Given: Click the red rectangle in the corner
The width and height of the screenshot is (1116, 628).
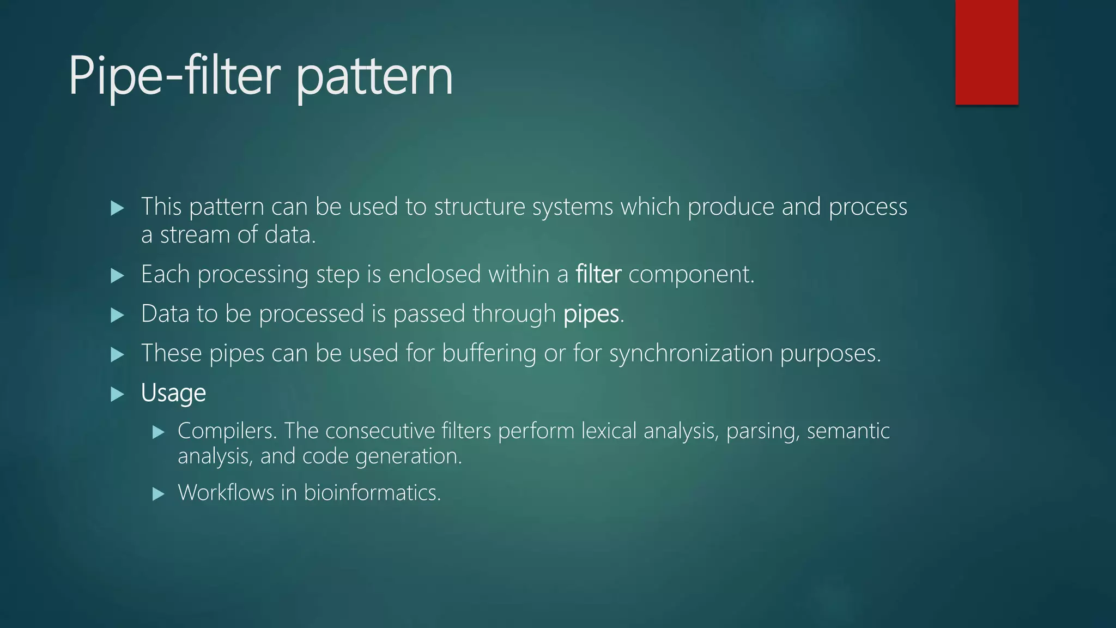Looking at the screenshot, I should (986, 52).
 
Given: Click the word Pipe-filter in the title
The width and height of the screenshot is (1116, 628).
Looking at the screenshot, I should (174, 76).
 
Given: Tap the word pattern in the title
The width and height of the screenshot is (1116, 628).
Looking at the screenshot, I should (375, 77).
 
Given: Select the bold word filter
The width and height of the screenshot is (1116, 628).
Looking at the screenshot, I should (598, 274).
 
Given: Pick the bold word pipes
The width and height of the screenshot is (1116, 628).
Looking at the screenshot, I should (591, 314).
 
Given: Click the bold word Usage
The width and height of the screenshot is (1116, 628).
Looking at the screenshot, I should (173, 393).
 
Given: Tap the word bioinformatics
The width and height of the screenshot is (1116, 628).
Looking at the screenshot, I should (372, 493).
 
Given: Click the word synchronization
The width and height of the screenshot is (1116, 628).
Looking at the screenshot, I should (691, 354).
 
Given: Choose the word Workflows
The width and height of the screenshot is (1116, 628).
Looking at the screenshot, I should (226, 493).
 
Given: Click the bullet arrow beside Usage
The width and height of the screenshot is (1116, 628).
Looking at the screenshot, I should (117, 394).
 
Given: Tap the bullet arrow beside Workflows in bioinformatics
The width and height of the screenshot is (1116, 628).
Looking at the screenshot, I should (158, 494).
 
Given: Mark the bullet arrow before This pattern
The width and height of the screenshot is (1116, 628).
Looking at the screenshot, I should (117, 208).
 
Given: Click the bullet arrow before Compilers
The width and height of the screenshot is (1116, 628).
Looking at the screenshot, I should (158, 433).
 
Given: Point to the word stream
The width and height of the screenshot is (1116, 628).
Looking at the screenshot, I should (195, 235).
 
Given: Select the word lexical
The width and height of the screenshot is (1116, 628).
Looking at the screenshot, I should (609, 431).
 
